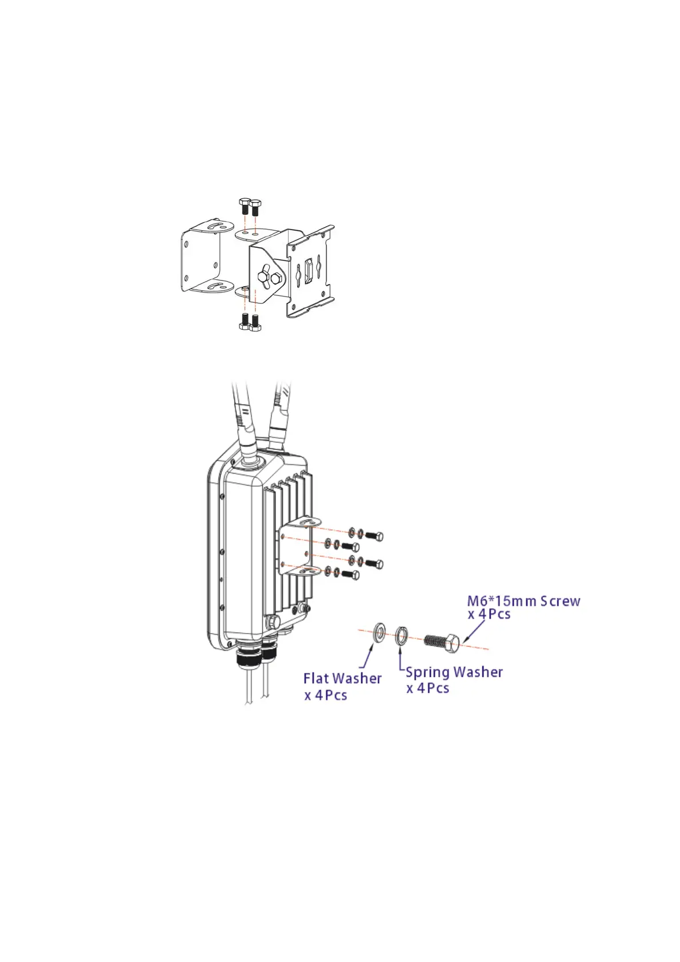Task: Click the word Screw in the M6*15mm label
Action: click(x=560, y=601)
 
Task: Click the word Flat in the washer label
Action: click(x=316, y=679)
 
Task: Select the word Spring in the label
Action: click(x=426, y=672)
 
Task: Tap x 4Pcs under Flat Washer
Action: click(x=326, y=695)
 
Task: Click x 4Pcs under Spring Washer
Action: click(x=427, y=688)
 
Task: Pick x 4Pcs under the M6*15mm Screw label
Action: click(x=489, y=615)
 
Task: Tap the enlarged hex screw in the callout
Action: click(x=443, y=642)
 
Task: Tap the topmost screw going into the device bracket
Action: click(x=373, y=536)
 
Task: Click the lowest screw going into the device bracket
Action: click(x=350, y=575)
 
